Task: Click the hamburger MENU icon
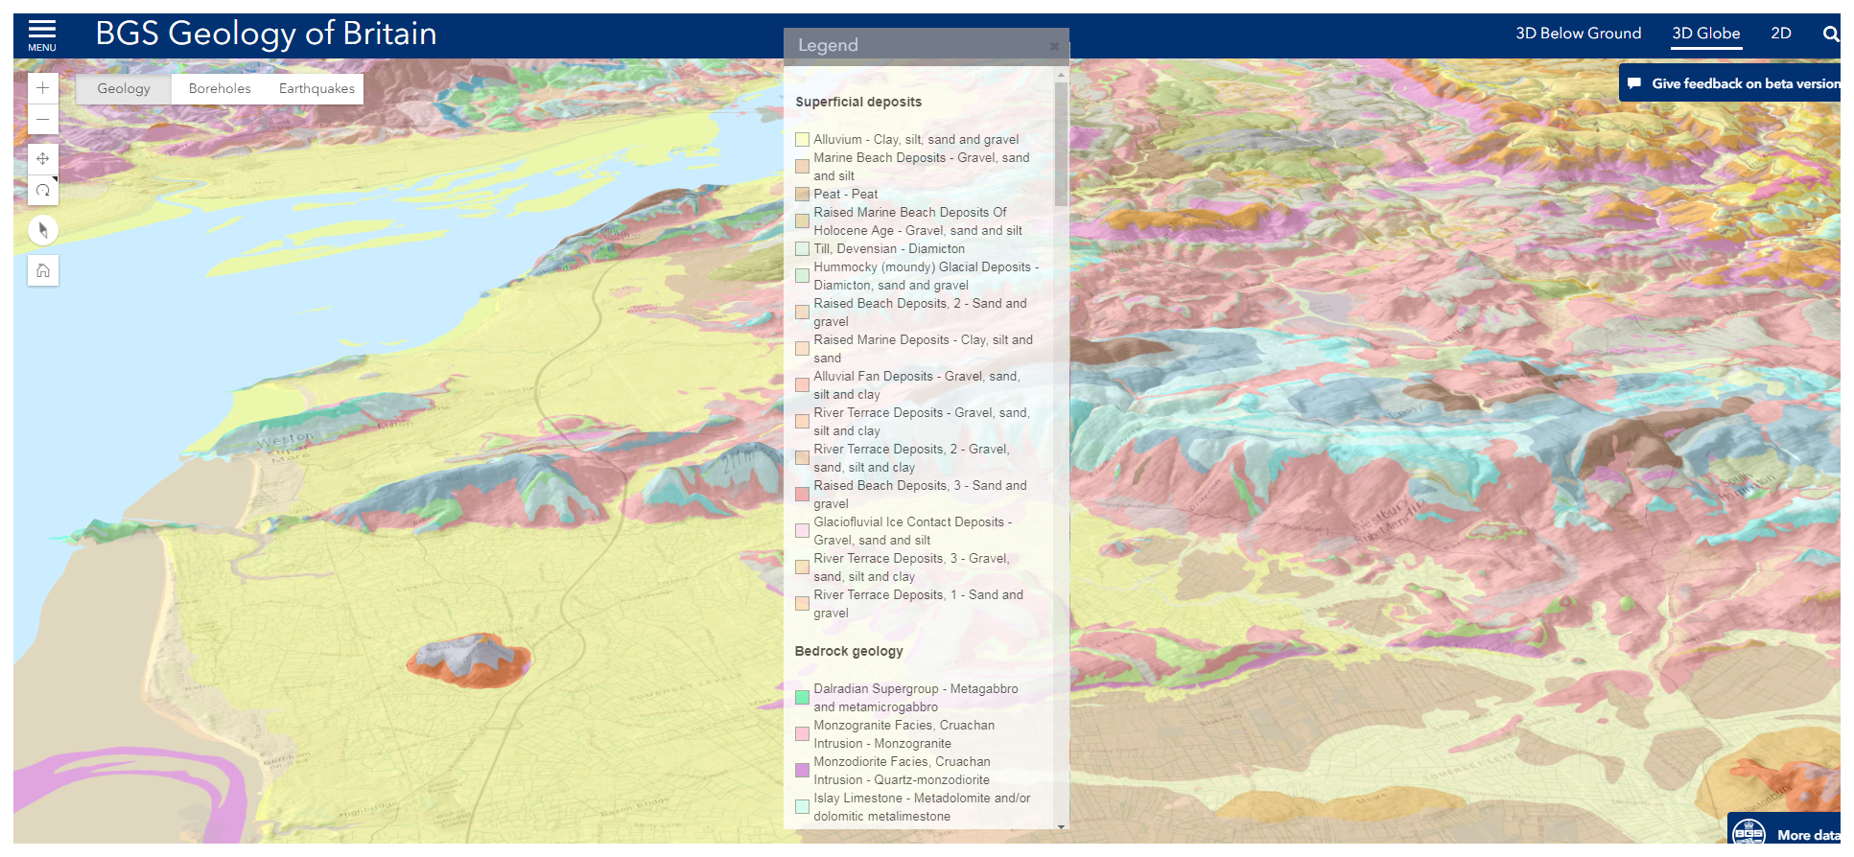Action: (41, 35)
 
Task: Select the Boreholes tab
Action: (220, 89)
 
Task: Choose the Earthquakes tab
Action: (317, 89)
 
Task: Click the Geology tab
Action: (124, 89)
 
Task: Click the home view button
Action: (43, 270)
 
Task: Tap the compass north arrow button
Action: (43, 230)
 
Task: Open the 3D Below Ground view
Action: (1578, 34)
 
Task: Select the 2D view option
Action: (1780, 34)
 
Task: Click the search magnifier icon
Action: (1830, 35)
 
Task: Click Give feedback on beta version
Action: (1735, 83)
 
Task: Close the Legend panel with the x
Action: (1054, 46)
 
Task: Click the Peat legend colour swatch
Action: (802, 195)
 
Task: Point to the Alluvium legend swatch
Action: (802, 140)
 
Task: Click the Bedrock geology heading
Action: (849, 652)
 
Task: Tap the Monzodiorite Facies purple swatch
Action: (802, 771)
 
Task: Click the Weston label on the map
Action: (285, 440)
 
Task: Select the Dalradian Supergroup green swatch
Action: (802, 698)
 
